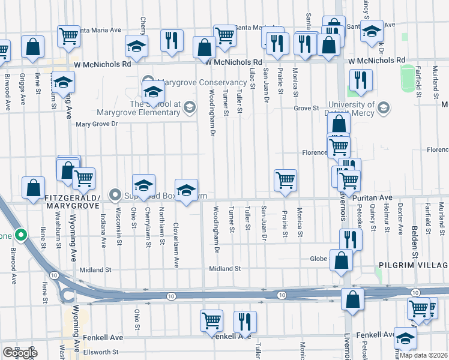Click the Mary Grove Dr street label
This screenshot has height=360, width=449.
(98, 124)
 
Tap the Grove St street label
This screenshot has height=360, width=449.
(306, 108)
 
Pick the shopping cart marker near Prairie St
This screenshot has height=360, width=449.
(285, 179)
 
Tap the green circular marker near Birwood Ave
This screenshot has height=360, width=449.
(21, 235)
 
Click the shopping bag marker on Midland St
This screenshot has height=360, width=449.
(341, 261)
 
